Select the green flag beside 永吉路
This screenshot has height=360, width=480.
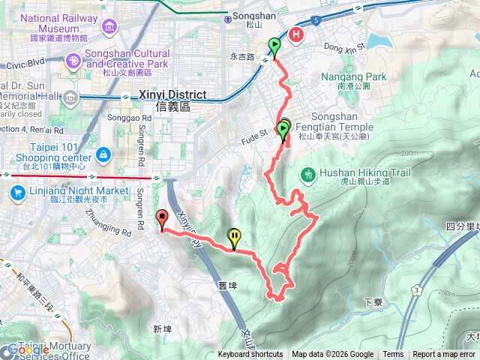click(274, 48)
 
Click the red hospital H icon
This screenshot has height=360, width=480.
click(297, 34)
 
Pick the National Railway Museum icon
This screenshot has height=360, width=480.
click(110, 28)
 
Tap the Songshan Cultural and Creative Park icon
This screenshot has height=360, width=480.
click(75, 60)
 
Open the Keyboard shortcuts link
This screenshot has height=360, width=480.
click(250, 355)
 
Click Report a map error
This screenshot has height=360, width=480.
click(444, 355)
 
